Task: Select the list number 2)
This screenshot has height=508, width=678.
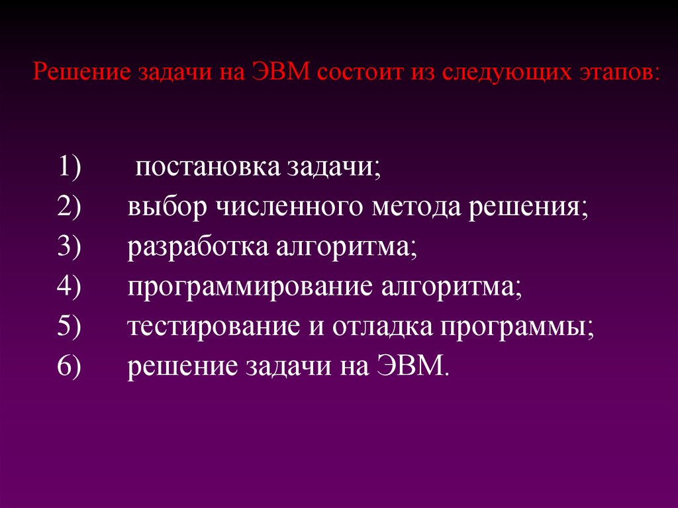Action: (69, 207)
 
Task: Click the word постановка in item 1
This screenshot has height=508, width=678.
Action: (207, 168)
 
